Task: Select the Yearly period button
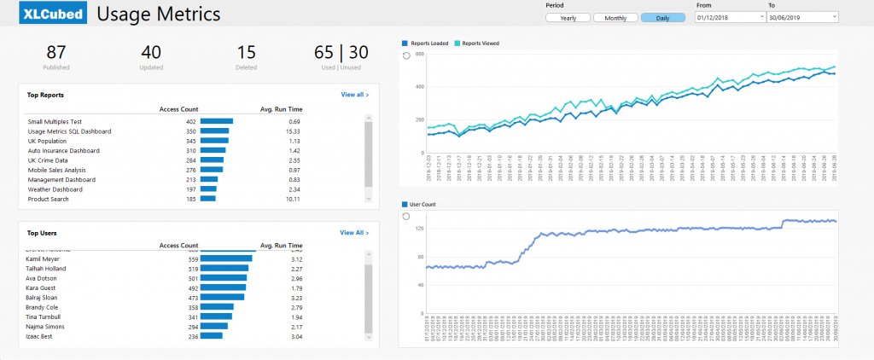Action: point(568,18)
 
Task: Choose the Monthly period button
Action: point(615,18)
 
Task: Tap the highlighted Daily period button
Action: point(662,18)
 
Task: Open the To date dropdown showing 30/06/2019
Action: point(801,17)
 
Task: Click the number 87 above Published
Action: point(56,53)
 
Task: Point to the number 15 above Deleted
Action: point(246,53)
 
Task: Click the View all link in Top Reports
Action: point(354,95)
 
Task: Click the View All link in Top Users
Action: point(354,232)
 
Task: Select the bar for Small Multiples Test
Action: point(216,122)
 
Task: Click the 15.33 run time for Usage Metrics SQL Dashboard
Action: point(293,131)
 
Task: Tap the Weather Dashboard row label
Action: point(55,189)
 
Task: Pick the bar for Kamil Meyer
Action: point(226,258)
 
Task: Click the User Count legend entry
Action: point(422,205)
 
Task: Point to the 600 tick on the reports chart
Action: point(418,54)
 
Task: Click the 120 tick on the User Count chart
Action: point(418,229)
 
